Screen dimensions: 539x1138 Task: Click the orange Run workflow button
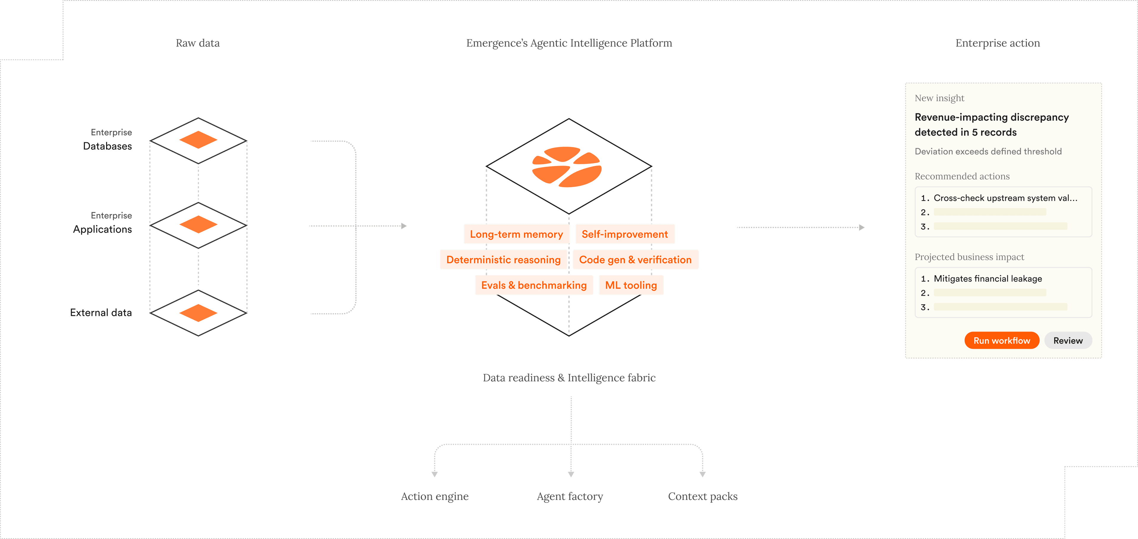coord(1001,340)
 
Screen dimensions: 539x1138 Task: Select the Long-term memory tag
coord(516,234)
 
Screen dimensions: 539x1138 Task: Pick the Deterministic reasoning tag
coord(503,259)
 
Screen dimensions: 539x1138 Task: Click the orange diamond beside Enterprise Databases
coord(198,140)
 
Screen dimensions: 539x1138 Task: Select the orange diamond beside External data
coord(198,313)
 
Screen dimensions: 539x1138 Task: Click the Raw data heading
coord(197,43)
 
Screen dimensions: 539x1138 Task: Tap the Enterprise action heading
coord(998,43)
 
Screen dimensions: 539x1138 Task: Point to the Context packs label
coord(702,496)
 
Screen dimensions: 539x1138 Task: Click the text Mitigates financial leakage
coord(987,278)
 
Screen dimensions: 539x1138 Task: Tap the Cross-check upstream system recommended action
coord(1005,198)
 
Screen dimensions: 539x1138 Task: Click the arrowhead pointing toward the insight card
coord(862,228)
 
